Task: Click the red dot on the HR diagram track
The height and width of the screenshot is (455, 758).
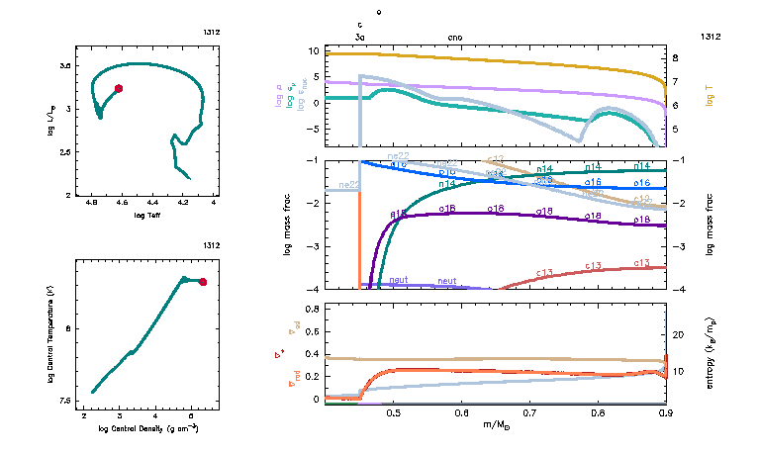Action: (x=119, y=88)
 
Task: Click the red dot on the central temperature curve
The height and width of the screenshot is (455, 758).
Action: (x=203, y=282)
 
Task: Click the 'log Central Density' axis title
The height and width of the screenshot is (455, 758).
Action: (x=148, y=427)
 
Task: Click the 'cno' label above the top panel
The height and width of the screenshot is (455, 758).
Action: (x=455, y=37)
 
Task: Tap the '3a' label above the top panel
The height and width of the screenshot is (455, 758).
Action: (x=360, y=37)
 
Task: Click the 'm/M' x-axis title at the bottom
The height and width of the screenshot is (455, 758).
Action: (x=498, y=424)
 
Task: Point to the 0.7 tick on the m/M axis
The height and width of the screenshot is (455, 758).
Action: (x=528, y=413)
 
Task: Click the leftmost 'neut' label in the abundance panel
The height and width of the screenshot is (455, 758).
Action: (x=399, y=281)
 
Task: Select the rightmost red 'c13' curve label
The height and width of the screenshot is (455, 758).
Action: (x=641, y=263)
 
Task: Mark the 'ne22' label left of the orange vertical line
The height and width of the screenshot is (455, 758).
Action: (x=348, y=185)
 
